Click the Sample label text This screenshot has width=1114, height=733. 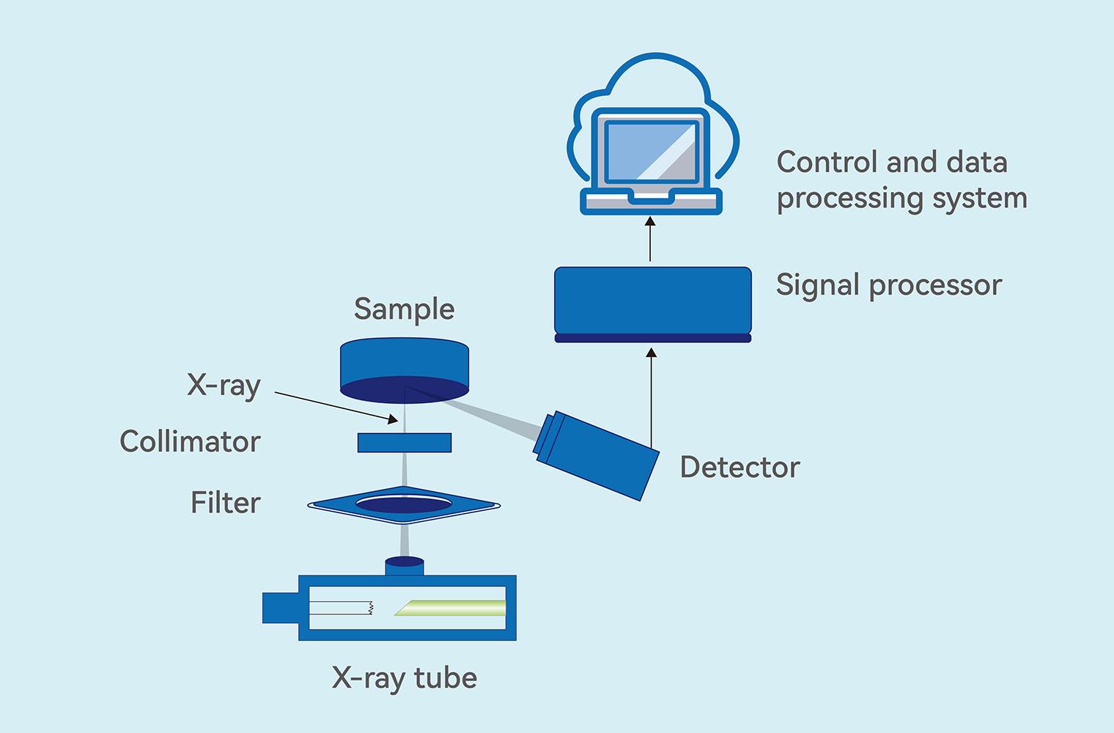[404, 309]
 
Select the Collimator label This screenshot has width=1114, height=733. [190, 442]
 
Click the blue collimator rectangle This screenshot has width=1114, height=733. [404, 443]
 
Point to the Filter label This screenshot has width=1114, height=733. [225, 503]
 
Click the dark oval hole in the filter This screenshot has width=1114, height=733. [403, 504]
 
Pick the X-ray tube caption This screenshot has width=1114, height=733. [404, 678]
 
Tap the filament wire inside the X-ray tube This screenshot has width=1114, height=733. [341, 608]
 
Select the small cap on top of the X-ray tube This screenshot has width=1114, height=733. [404, 565]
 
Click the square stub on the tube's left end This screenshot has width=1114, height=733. [280, 608]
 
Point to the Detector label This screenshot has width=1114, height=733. [739, 468]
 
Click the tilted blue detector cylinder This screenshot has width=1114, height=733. [597, 456]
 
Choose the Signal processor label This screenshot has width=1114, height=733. [888, 285]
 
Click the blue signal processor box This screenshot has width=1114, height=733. [652, 301]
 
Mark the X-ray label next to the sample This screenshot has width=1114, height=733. [224, 386]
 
